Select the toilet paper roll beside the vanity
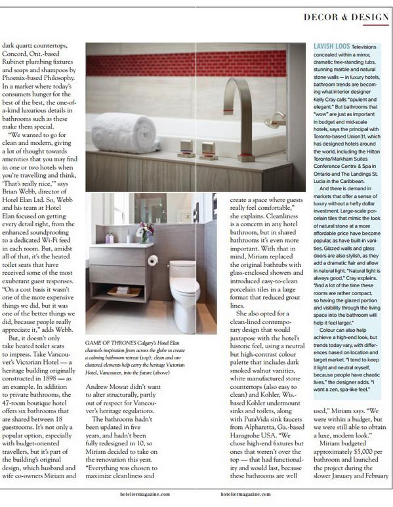(x=153, y=260)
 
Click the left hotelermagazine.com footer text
(x=144, y=495)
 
